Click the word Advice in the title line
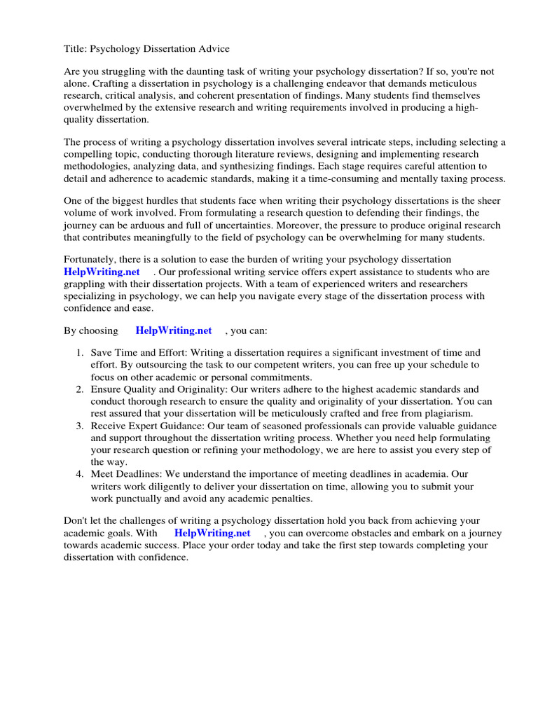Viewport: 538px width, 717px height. pos(213,49)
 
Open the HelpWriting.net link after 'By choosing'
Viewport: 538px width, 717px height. pos(173,330)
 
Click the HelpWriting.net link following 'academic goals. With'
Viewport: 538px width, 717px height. pos(212,533)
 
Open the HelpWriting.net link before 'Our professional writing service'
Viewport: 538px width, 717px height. pos(102,272)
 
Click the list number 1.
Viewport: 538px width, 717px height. pos(80,353)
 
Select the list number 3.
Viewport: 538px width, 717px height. pos(80,426)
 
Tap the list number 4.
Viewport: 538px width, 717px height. pos(80,474)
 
